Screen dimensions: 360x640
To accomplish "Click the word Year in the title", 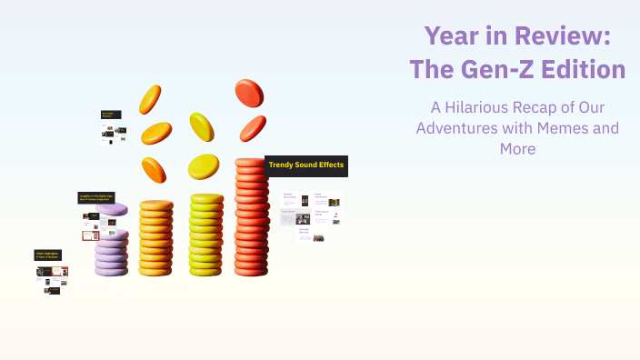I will [452, 36].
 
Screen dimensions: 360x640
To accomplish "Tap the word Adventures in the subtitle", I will [456, 127].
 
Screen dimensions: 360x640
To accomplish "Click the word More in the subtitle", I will [517, 148].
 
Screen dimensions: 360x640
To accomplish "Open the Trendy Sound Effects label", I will [306, 165].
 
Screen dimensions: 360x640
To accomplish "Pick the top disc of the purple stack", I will [112, 210].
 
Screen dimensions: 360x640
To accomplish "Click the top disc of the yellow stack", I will [207, 198].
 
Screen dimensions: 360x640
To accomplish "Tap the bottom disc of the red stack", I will [252, 270].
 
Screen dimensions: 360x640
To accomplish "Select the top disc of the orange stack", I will [156, 205].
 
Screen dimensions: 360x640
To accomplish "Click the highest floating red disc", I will [249, 92].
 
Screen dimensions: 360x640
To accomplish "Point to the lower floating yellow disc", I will [204, 166].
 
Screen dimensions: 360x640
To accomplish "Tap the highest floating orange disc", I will [150, 99].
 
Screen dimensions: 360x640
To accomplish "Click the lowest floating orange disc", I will [154, 169].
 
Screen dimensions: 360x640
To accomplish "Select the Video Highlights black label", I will [48, 255].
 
